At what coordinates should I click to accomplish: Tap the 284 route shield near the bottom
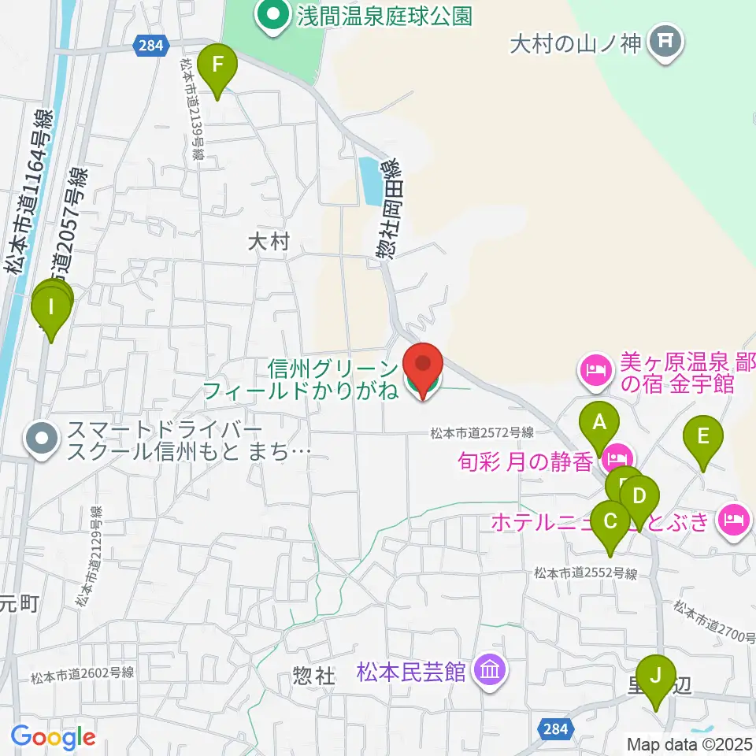pyautogui.click(x=555, y=728)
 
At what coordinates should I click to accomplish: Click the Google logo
pyautogui.click(x=54, y=738)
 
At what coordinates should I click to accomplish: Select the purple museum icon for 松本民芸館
pyautogui.click(x=491, y=671)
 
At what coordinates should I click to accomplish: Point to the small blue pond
pyautogui.click(x=368, y=180)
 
